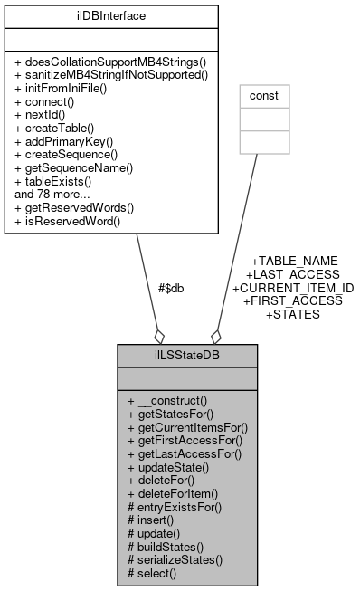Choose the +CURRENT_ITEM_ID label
[293, 287]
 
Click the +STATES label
[293, 314]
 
